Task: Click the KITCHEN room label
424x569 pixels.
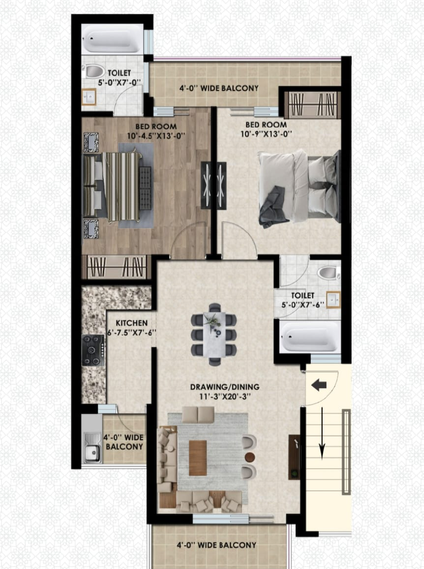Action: (129, 323)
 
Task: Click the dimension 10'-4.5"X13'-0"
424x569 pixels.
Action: (156, 135)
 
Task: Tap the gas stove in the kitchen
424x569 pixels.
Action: (93, 350)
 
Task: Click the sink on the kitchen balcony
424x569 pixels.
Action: (91, 447)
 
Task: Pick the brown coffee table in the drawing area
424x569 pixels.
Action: (198, 458)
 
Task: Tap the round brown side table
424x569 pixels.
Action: (250, 457)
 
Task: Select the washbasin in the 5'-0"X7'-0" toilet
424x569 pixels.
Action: (89, 97)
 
